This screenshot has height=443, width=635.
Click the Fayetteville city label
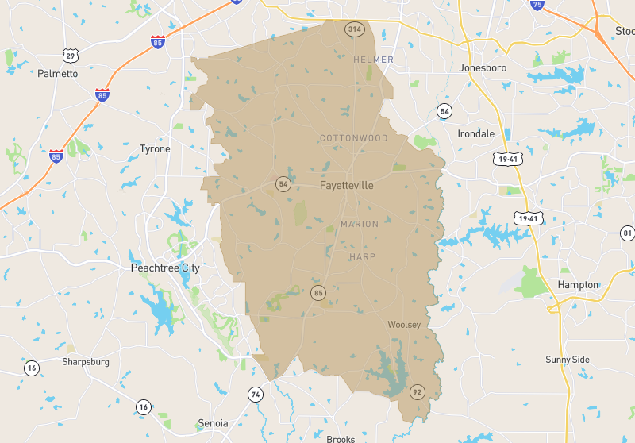point(346,185)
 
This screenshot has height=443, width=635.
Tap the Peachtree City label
point(164,268)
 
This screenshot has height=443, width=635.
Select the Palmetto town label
point(58,74)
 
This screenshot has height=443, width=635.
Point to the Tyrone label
point(155,149)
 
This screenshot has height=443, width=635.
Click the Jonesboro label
point(483,68)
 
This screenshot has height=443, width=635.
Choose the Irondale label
point(475,133)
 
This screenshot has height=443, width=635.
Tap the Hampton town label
point(577,284)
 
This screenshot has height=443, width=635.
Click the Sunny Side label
point(568,360)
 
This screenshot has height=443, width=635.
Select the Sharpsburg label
point(86,362)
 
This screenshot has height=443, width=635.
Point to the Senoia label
point(213,423)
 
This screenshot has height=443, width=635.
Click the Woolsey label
point(404,325)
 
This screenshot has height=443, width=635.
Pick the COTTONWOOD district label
point(353,138)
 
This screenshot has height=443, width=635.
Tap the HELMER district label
point(373,60)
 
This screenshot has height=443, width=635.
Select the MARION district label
point(360,225)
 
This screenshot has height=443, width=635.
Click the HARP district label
point(362,257)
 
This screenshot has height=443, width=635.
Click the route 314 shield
point(354,29)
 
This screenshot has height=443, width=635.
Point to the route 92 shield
point(417,391)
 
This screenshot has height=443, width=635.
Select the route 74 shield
point(256,395)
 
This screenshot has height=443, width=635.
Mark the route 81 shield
point(627,233)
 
